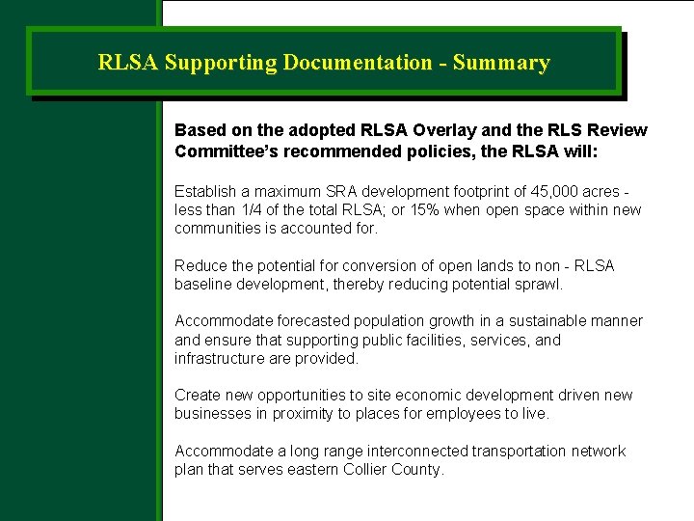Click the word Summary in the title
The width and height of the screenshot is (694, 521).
[x=501, y=64]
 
